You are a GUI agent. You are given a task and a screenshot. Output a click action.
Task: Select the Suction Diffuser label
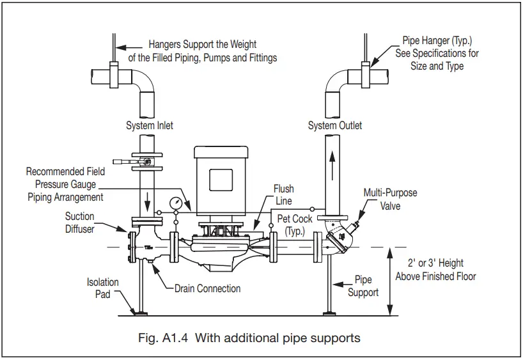(79, 222)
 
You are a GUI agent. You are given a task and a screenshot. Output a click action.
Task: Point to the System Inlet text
(149, 125)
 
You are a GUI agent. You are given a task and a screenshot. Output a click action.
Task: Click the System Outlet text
(335, 125)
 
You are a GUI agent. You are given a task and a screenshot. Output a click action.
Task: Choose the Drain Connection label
(207, 288)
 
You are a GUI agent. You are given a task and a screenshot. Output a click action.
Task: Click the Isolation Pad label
(103, 288)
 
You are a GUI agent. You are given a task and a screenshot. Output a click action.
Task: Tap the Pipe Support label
(363, 286)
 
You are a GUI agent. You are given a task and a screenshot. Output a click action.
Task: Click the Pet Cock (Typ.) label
(295, 224)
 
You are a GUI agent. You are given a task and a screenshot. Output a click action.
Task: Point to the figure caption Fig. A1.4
(249, 338)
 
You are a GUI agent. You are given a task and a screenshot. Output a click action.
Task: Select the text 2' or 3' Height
(435, 263)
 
